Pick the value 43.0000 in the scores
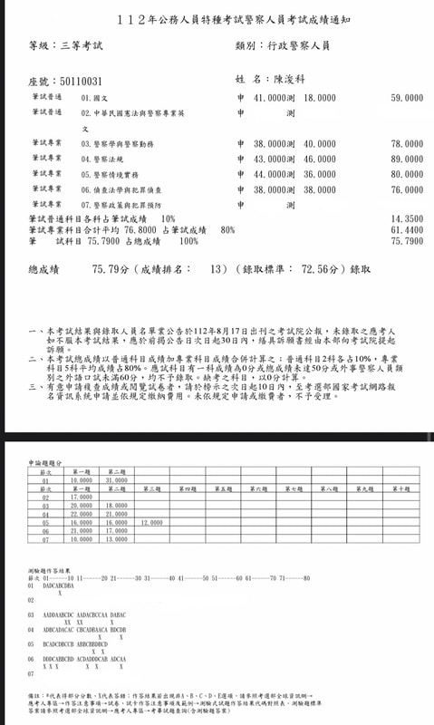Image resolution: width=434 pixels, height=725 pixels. pyautogui.click(x=270, y=159)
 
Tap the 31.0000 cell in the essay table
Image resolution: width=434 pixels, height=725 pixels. pyautogui.click(x=116, y=480)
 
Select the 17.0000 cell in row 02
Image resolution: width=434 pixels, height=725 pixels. pyautogui.click(x=81, y=498)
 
